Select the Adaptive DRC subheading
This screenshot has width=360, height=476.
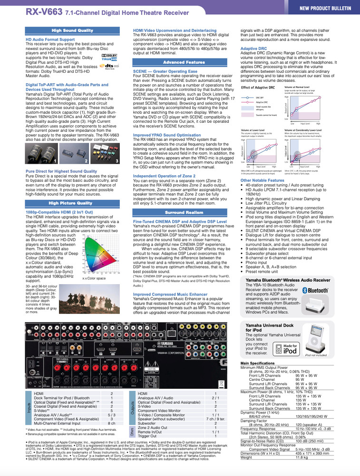(253, 49)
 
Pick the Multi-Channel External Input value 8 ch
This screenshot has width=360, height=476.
(112, 422)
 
